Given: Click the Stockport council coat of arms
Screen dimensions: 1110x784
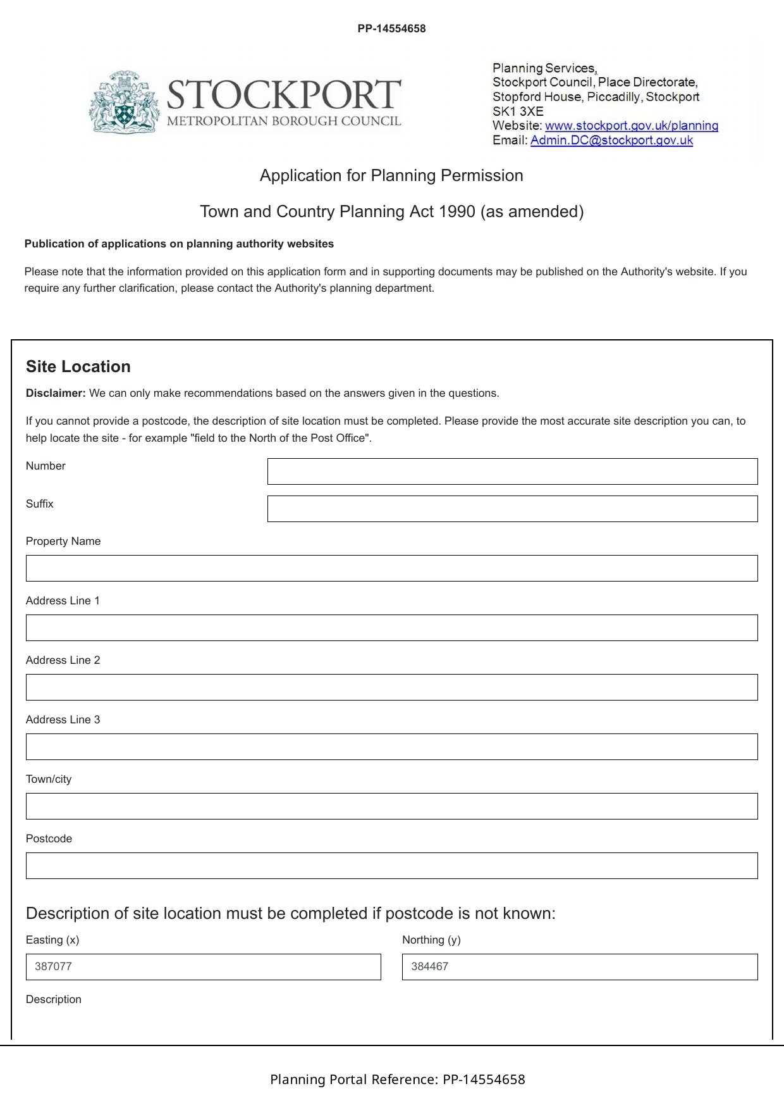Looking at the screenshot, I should click(124, 102).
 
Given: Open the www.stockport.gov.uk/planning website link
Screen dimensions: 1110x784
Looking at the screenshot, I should click(631, 125).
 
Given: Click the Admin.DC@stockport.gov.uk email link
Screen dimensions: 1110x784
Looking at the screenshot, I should click(611, 140).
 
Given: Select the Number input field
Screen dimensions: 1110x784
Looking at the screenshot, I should click(512, 471).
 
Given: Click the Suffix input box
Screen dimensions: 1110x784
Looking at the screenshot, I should click(512, 509).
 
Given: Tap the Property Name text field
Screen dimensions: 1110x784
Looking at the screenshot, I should click(391, 568).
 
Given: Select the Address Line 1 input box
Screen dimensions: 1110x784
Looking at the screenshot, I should click(391, 628).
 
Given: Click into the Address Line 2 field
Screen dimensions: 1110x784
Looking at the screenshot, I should click(391, 687).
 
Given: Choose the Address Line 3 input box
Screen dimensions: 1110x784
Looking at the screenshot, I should click(391, 747).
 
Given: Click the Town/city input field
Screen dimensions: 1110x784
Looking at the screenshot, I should click(391, 806).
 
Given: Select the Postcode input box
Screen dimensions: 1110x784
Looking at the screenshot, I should click(391, 866).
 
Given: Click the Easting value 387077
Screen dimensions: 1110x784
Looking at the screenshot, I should click(54, 966).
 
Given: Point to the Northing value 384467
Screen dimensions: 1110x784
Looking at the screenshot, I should click(430, 966).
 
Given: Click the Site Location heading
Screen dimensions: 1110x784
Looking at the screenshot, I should click(78, 366).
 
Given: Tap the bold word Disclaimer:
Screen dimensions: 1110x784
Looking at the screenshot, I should click(56, 393).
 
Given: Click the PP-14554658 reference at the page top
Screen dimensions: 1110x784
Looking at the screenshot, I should click(391, 28).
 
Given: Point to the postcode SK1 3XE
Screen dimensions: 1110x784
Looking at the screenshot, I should click(518, 111).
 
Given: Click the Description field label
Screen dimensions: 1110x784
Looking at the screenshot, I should click(54, 999).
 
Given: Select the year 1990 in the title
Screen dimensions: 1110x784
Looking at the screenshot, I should click(456, 211).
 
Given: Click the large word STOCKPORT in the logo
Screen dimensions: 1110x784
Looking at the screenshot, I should click(284, 95).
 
